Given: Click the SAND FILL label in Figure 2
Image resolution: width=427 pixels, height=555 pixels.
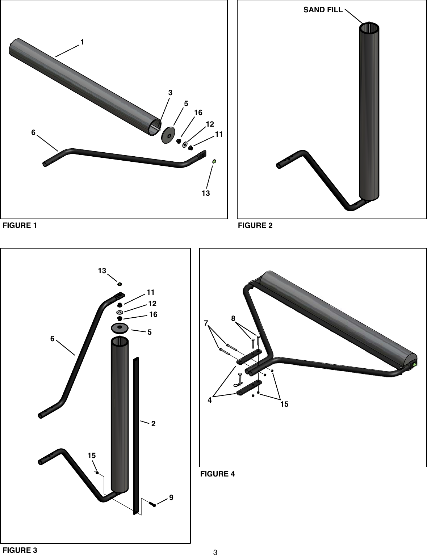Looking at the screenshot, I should [x=323, y=10].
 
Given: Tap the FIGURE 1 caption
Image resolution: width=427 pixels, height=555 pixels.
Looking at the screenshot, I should [x=20, y=226].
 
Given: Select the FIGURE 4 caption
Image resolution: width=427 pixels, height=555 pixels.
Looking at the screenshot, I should [x=218, y=474].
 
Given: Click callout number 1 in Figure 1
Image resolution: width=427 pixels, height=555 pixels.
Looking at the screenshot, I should [x=83, y=42].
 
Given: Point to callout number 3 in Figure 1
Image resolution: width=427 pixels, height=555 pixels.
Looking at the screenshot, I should [x=170, y=93].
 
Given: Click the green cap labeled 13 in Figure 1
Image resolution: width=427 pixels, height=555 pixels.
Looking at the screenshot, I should [x=214, y=161].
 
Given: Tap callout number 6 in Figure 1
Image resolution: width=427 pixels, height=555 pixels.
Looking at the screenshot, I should [x=33, y=133].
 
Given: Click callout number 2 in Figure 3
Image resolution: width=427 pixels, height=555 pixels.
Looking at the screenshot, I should [x=154, y=424].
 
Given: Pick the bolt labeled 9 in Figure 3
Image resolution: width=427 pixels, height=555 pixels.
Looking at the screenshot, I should [x=152, y=503].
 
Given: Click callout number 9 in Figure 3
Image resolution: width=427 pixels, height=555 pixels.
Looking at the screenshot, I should [x=171, y=497].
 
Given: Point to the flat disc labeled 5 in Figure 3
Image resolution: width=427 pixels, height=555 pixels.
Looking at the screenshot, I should [x=120, y=328].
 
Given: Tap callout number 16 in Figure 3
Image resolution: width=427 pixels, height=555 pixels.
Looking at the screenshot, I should [x=153, y=315].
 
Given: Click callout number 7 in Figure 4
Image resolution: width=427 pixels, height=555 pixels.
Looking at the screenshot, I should [x=206, y=323].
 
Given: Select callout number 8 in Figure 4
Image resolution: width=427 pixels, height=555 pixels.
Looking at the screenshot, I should [x=233, y=318].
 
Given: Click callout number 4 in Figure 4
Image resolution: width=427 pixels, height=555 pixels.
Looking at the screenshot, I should [x=210, y=401].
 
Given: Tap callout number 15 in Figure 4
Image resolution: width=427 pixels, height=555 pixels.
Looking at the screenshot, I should [x=284, y=404].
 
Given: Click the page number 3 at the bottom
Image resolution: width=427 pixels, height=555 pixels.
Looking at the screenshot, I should [x=215, y=552].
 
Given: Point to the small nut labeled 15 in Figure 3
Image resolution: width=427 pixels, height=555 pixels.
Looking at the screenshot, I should [x=97, y=473].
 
